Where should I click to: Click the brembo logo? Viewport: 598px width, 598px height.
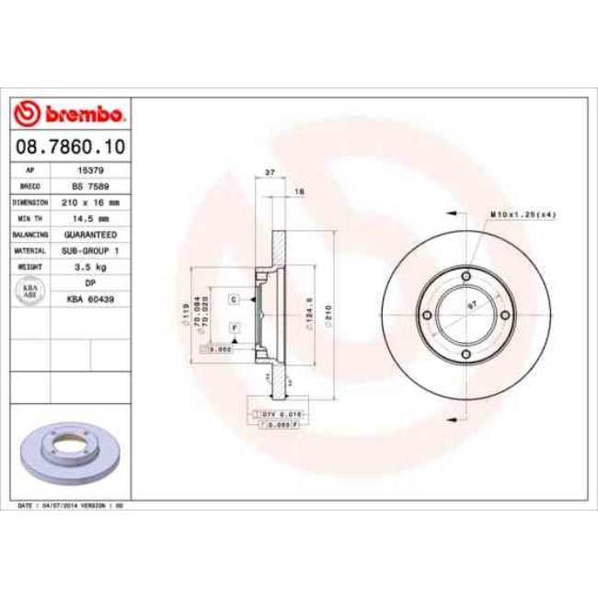coord(70,115)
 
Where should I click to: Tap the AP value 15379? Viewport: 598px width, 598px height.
coord(92,170)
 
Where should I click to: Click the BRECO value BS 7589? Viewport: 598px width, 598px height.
coord(92,186)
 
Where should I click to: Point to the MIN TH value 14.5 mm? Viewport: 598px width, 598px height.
coord(92,218)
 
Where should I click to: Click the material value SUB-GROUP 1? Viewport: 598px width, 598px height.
coord(92,249)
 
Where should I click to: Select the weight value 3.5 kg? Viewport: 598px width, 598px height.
coord(92,266)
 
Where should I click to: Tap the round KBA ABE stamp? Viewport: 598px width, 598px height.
coord(30,291)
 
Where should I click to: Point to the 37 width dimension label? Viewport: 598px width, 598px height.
coord(270,173)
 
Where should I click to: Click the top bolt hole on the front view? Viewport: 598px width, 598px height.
coord(466,277)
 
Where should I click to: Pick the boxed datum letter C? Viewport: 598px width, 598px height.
coord(235,300)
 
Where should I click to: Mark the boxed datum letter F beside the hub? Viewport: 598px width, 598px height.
coord(235,328)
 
